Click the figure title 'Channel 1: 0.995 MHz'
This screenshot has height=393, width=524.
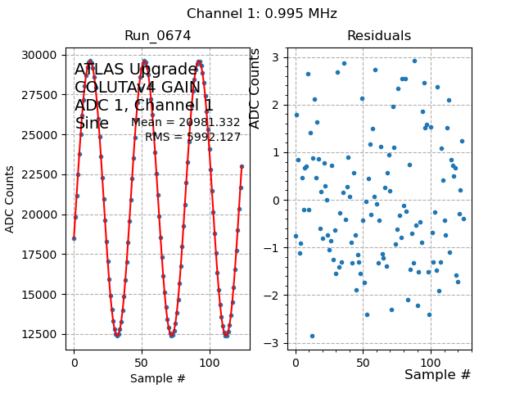click(x=261, y=14)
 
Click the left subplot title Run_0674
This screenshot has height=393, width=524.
click(x=157, y=36)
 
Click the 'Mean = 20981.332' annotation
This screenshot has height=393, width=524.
click(x=186, y=123)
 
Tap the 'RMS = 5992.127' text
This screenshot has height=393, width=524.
click(x=193, y=138)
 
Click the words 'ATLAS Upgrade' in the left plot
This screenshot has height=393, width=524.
click(x=136, y=70)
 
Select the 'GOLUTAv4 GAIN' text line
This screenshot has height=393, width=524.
click(x=138, y=88)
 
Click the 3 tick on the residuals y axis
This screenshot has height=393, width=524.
click(x=279, y=57)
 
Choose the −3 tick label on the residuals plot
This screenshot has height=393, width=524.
click(x=276, y=343)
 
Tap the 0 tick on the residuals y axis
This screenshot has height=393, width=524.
click(x=279, y=200)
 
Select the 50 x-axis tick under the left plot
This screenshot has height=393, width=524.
click(x=142, y=360)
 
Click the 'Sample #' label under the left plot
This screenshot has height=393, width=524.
click(x=157, y=379)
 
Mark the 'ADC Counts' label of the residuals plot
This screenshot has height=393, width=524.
click(x=255, y=88)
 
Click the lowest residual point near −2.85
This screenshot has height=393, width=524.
click(x=312, y=336)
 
